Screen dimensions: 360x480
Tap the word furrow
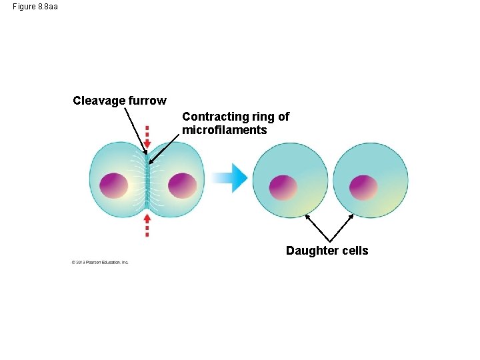146,101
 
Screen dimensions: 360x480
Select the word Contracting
213,117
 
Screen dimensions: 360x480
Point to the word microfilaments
224,130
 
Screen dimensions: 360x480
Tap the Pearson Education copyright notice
100,262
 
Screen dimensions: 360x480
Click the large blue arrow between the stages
229,177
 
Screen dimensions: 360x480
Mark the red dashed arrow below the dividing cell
147,225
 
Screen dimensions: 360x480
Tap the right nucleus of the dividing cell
182,185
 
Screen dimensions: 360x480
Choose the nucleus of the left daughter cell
283,187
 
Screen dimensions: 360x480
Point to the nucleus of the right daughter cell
364,187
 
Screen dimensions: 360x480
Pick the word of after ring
283,117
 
